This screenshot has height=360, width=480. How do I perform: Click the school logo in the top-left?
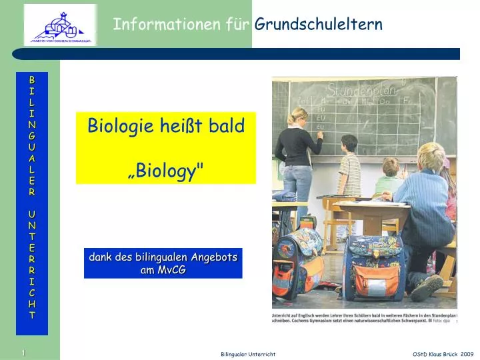[60, 25]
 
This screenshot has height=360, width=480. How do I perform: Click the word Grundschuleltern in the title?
[319, 25]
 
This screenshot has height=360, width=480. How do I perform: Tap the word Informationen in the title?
[157, 25]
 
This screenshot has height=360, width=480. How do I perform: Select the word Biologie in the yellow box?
[117, 125]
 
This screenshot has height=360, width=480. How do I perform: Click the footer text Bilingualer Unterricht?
[248, 354]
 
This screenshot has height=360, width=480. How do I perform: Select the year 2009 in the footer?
[467, 354]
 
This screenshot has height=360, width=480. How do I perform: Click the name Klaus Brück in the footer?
[443, 354]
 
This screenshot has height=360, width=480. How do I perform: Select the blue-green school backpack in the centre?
[373, 267]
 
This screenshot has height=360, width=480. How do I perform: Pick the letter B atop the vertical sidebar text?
[32, 80]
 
